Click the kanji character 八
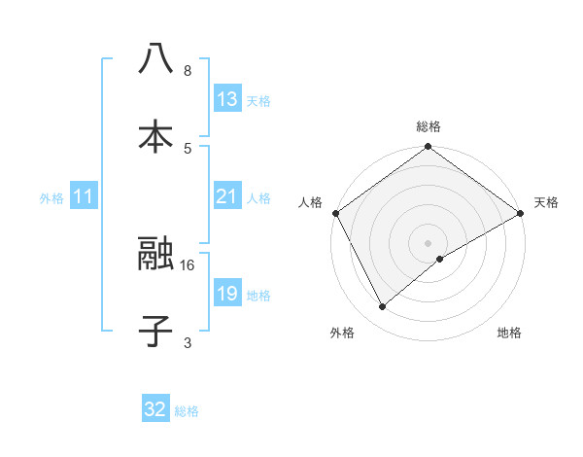155,58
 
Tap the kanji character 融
155,255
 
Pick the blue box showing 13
227,99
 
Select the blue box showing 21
227,197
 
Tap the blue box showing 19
227,295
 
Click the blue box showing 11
84,197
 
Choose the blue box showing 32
155,409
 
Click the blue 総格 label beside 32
187,411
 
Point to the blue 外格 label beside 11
51,198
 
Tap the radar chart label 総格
429,126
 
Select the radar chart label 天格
546,202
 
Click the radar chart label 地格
509,333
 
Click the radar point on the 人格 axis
335,213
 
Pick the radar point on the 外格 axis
383,307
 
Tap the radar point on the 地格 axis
440,259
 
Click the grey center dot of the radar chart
429,242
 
